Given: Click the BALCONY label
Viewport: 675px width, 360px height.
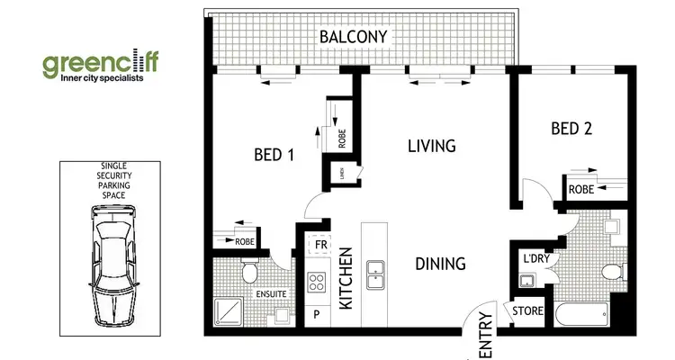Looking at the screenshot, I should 354,37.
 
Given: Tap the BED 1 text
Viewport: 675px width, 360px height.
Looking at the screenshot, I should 274,154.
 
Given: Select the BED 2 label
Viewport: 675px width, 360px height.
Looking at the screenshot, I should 571,129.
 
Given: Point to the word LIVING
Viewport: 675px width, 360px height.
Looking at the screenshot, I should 431,146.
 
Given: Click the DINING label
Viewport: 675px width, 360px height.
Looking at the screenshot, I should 440,264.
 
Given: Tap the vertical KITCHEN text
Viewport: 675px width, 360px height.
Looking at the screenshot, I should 346,284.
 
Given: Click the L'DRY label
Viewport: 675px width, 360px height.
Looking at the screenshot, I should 535,260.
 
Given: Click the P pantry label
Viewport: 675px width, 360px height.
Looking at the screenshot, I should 318,316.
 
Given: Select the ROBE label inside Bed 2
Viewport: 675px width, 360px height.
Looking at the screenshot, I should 580,190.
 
